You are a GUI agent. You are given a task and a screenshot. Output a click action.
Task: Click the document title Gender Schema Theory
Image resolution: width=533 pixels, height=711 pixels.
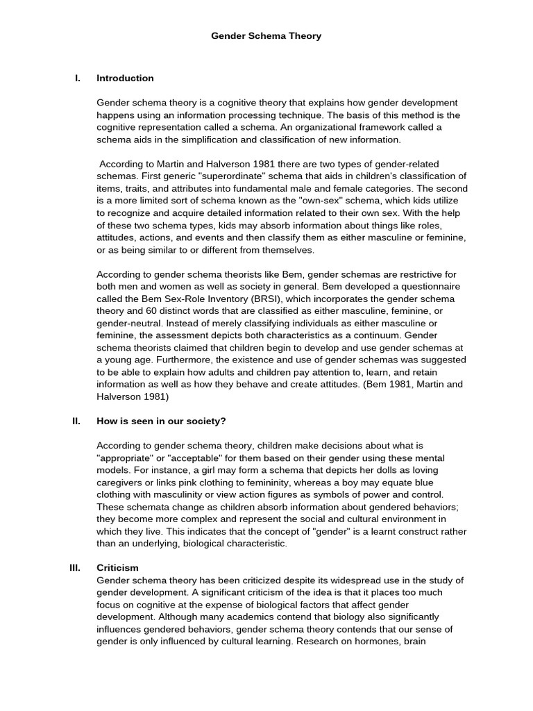pos(266,36)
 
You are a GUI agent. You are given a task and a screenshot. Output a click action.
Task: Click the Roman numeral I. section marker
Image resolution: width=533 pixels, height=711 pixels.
pos(78,78)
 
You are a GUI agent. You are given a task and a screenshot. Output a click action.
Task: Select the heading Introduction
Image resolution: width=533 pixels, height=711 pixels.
pos(125,78)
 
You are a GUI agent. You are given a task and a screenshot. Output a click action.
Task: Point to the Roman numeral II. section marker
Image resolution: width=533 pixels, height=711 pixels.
pos(76,421)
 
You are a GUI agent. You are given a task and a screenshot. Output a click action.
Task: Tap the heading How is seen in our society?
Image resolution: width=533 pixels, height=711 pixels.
pos(161,421)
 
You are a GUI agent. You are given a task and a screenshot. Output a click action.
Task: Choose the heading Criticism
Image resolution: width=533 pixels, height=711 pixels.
pos(117,567)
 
